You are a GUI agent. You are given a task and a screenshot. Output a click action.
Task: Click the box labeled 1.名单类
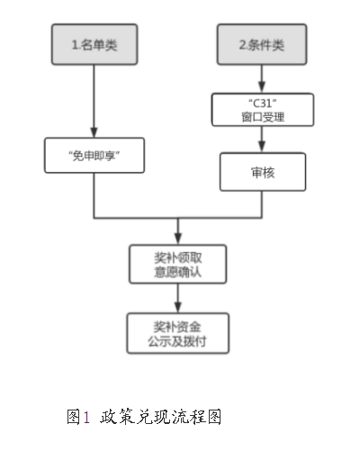pyautogui.click(x=94, y=44)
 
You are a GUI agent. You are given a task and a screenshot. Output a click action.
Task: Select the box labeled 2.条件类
pyautogui.click(x=262, y=44)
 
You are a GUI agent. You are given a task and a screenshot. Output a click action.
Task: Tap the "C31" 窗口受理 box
pyautogui.click(x=263, y=110)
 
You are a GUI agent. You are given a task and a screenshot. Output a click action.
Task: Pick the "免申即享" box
pyautogui.click(x=94, y=156)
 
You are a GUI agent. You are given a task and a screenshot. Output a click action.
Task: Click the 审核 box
pyautogui.click(x=263, y=172)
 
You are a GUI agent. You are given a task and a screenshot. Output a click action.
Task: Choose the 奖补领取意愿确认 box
pyautogui.click(x=178, y=264)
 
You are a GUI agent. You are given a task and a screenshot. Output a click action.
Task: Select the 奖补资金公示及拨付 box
pyautogui.click(x=178, y=333)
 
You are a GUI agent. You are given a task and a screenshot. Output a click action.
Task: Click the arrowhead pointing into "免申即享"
pyautogui.click(x=94, y=132)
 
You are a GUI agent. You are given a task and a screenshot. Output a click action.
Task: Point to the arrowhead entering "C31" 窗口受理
pyautogui.click(x=262, y=87)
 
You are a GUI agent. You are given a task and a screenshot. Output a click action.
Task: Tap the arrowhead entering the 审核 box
pyautogui.click(x=262, y=148)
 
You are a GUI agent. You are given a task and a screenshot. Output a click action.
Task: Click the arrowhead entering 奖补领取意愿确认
pyautogui.click(x=178, y=239)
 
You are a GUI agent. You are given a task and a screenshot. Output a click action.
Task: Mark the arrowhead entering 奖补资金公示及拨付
pyautogui.click(x=178, y=308)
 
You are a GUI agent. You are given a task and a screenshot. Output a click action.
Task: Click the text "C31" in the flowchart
pyautogui.click(x=263, y=104)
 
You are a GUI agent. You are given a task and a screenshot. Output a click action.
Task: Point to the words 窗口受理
pyautogui.click(x=263, y=117)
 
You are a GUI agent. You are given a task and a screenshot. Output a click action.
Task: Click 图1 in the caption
pyautogui.click(x=78, y=417)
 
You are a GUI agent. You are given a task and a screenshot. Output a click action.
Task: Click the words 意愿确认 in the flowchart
pyautogui.click(x=177, y=272)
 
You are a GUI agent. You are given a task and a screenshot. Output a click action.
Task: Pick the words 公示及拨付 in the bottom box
pyautogui.click(x=177, y=341)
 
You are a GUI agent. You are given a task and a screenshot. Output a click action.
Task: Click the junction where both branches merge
pyautogui.click(x=178, y=218)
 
